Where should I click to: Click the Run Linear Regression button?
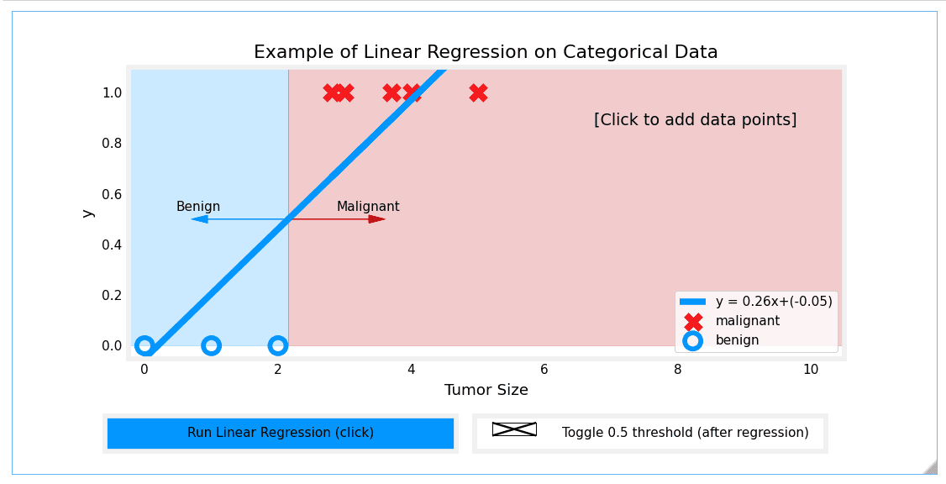point(281,433)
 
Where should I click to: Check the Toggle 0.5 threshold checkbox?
point(514,429)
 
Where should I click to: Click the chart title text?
point(486,52)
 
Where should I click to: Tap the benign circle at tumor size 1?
point(211,345)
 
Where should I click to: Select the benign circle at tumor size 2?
point(278,345)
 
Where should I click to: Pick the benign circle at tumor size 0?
point(145,345)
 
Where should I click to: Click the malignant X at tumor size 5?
point(478,92)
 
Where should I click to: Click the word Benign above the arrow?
point(198,207)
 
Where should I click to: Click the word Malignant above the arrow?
point(368,207)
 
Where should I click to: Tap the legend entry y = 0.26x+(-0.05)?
point(773,302)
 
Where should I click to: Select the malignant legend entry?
point(747,321)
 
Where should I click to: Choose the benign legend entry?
point(737,340)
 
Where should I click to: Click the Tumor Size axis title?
point(486,390)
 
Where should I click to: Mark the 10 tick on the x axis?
point(810,370)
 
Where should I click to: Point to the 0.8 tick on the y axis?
point(112,144)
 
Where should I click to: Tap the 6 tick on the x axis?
point(544,370)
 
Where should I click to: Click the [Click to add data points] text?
point(695,119)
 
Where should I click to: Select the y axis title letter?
point(87,213)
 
